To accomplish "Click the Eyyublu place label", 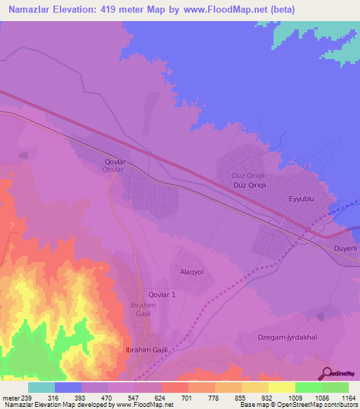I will click(310, 199).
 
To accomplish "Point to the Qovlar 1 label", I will click(162, 295).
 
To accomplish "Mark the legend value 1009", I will click(295, 397).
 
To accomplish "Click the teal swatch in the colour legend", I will click(41, 387).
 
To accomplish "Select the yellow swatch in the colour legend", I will click(281, 387).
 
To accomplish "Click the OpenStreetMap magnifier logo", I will click(328, 372).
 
